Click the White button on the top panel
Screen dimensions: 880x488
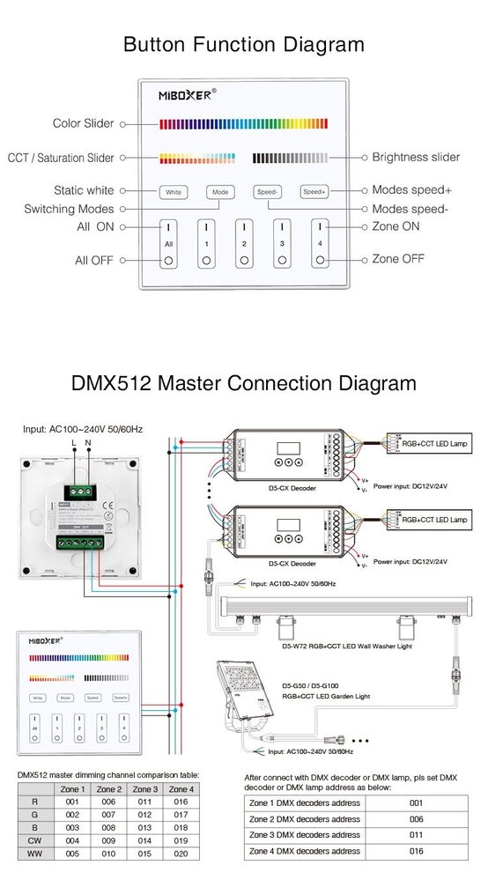(174, 191)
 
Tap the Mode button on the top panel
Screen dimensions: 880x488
(220, 191)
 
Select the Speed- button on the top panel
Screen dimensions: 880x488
(268, 191)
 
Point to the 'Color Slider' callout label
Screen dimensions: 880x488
(83, 124)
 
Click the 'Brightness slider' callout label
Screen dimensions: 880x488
(416, 158)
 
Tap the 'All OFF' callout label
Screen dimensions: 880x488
(94, 261)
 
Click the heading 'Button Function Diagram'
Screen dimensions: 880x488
(244, 45)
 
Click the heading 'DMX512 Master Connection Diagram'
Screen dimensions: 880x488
(244, 383)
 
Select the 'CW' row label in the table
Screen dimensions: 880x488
(33, 840)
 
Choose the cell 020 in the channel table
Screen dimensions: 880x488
(181, 854)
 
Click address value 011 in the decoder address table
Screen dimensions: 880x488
(416, 835)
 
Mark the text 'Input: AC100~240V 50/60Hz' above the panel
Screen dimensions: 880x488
(83, 429)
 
